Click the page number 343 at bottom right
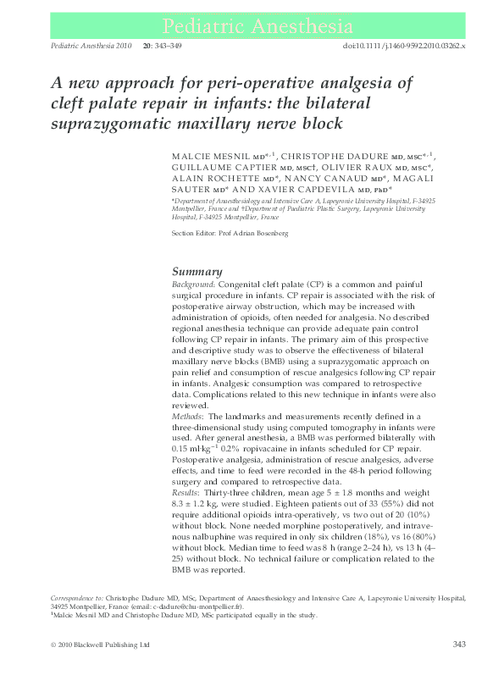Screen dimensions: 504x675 click(x=458, y=645)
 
